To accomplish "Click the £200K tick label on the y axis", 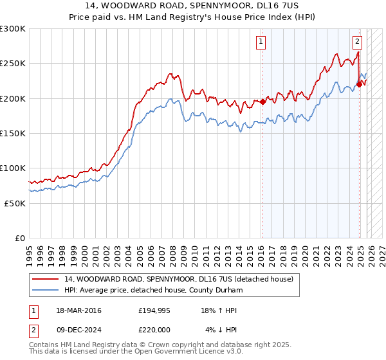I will click(x=13, y=98).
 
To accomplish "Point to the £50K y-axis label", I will click(x=15, y=203).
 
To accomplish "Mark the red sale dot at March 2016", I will click(x=262, y=102).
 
